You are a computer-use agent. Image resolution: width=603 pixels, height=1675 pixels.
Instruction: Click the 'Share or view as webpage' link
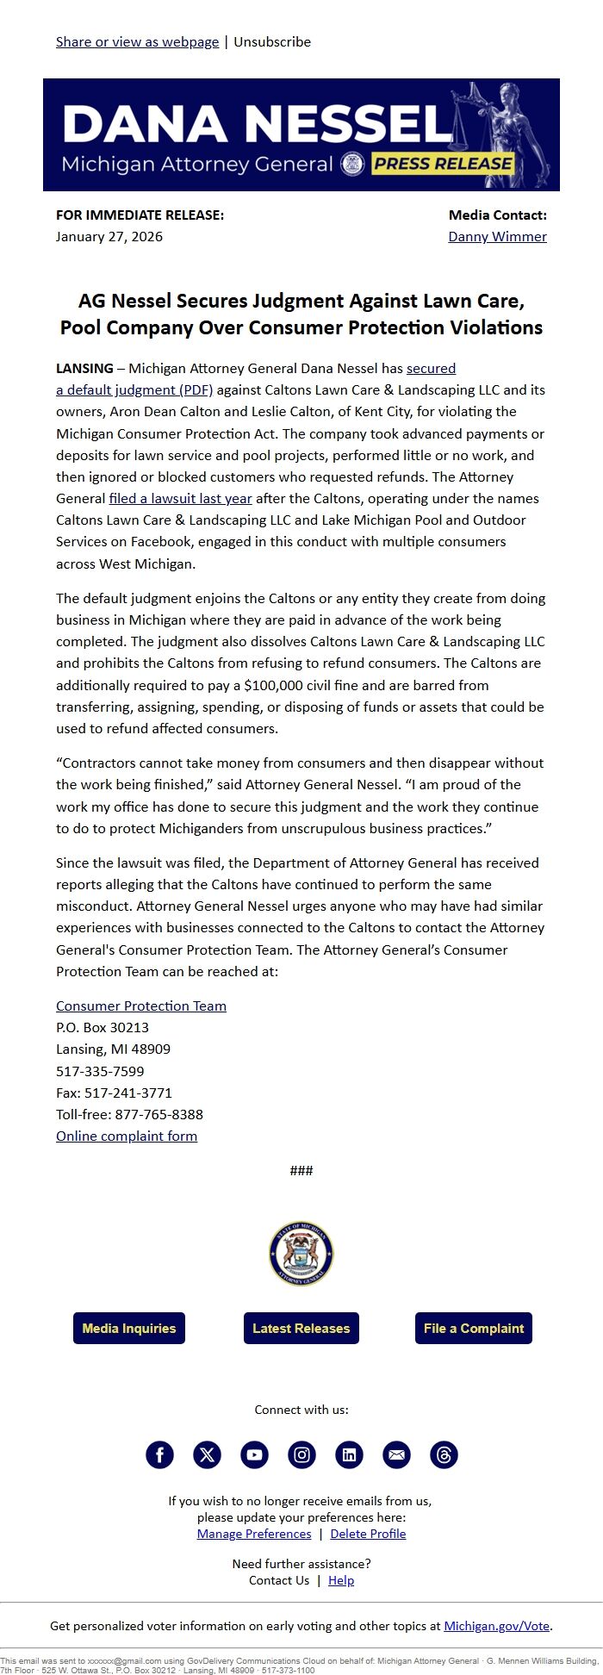point(137,41)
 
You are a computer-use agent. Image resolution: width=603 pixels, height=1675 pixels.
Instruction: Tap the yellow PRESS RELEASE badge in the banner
point(443,164)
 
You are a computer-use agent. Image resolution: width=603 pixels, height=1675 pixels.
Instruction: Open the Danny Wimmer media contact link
point(497,236)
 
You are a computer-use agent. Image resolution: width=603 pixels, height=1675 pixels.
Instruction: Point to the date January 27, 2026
point(109,236)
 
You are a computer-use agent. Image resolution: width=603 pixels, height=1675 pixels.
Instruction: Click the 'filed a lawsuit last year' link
point(180,498)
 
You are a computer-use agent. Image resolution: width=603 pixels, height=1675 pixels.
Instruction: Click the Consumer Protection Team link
point(141,1006)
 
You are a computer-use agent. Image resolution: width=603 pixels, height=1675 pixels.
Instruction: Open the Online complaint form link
point(127,1136)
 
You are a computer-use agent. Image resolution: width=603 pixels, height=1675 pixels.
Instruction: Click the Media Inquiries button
point(129,1328)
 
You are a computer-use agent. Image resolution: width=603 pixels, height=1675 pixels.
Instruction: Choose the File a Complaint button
point(473,1328)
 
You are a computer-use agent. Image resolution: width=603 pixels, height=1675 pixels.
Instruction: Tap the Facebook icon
point(159,1454)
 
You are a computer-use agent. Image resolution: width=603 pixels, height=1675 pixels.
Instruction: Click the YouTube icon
point(254,1454)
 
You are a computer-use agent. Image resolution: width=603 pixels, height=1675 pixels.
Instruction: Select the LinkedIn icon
point(349,1454)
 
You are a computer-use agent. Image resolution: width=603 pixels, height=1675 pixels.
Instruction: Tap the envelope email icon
point(396,1454)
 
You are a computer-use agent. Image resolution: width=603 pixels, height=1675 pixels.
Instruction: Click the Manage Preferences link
point(254,1534)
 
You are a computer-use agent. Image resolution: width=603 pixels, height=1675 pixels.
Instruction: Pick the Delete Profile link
point(368,1534)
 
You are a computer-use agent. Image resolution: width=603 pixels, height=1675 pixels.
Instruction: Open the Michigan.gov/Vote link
point(496,1626)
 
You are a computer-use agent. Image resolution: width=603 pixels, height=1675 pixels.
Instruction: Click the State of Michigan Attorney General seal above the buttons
point(301,1254)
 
